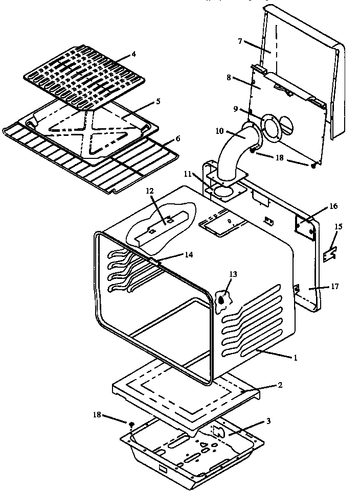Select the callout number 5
click(158, 102)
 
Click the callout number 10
click(219, 131)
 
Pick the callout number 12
click(149, 191)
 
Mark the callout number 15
click(338, 226)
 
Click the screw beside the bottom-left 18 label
click(131, 424)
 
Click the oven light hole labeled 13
click(222, 300)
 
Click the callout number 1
click(295, 358)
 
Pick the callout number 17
click(334, 287)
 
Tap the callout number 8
click(229, 78)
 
